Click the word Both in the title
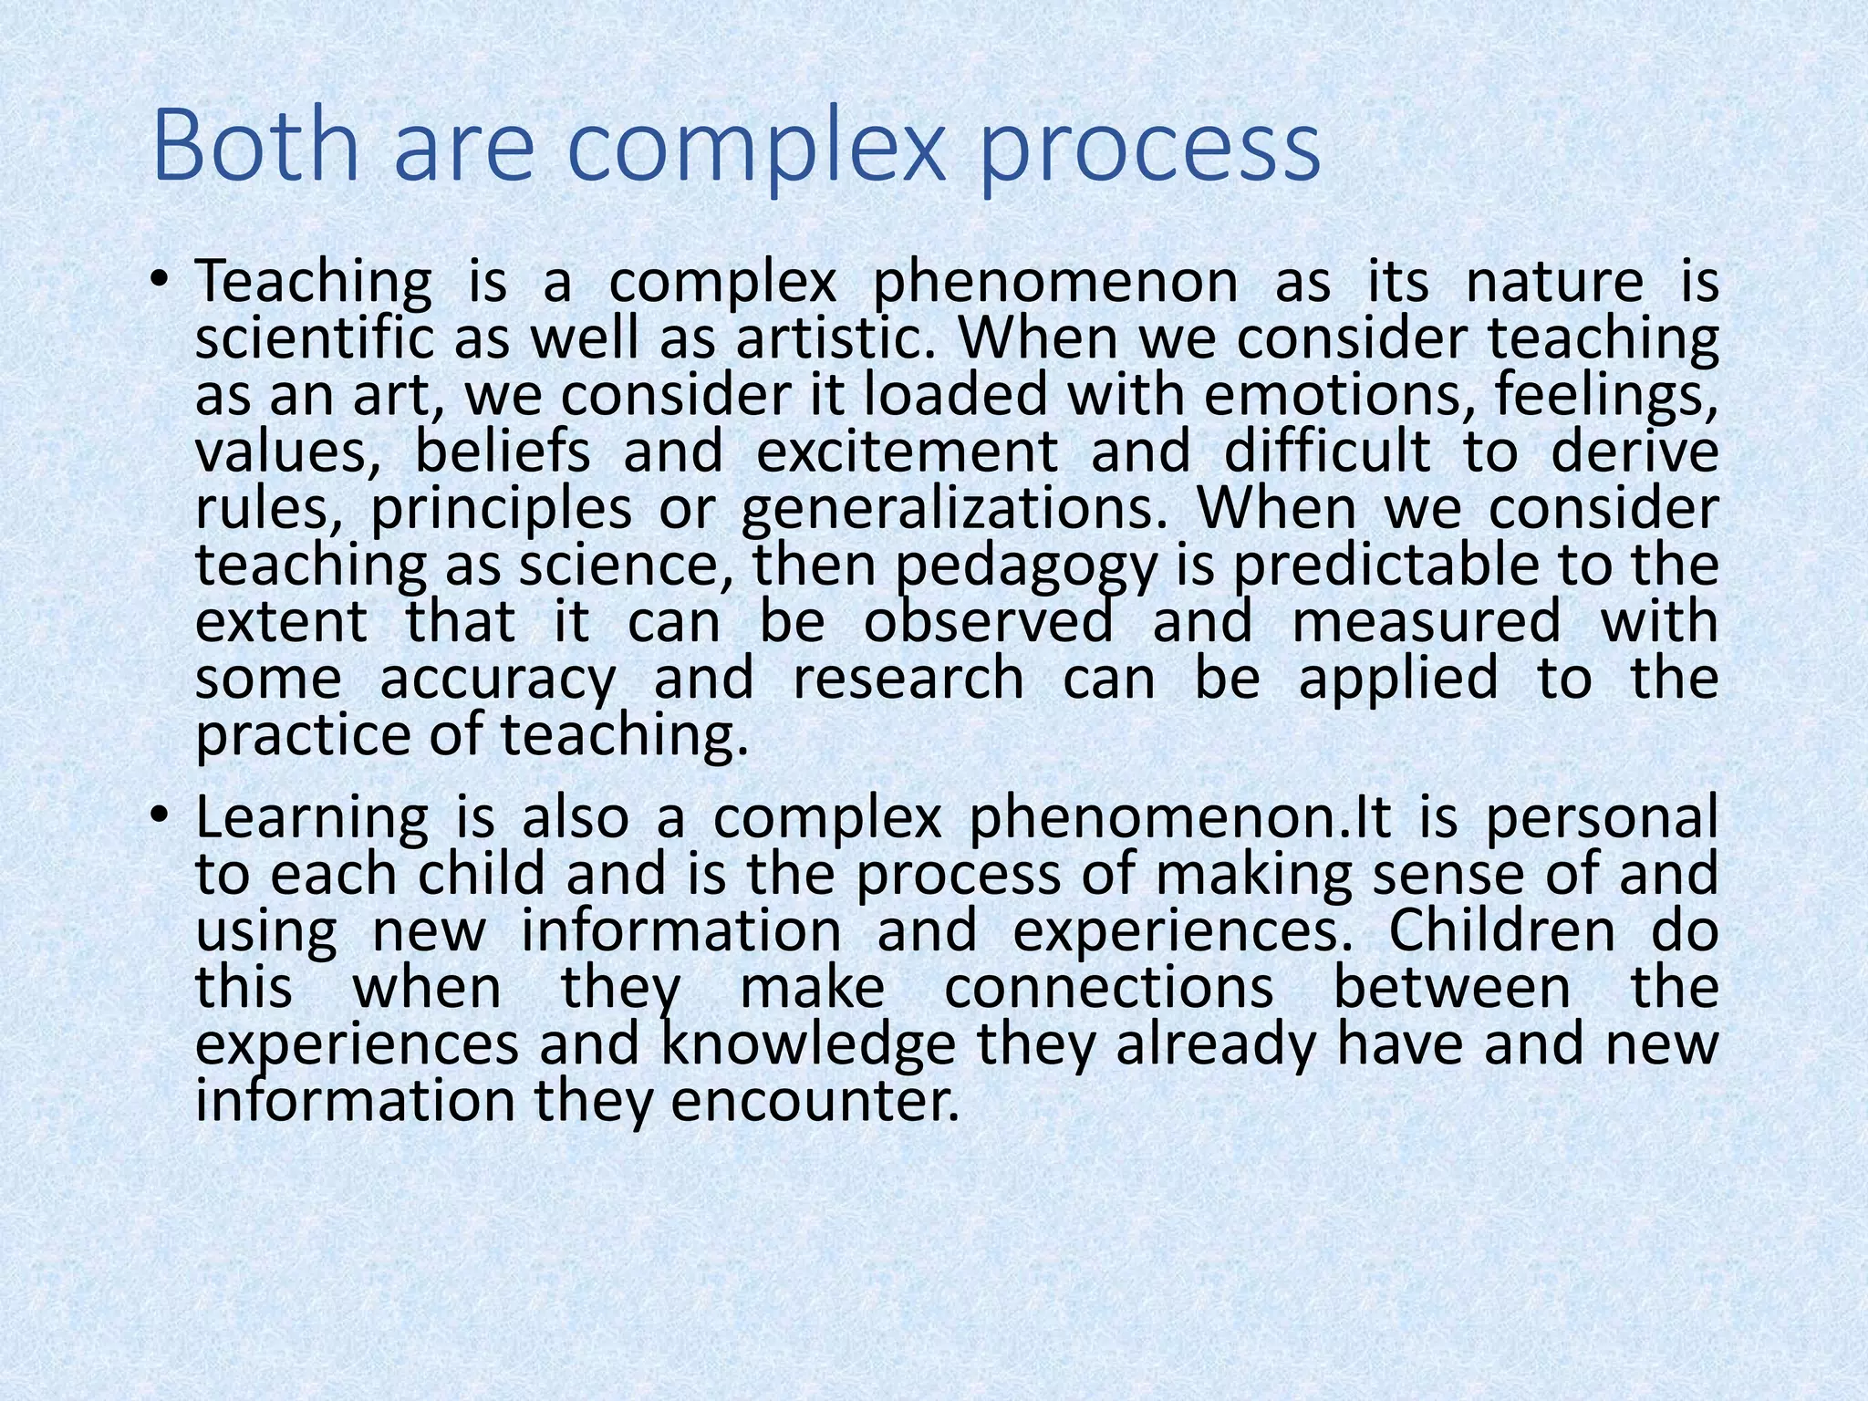click(x=257, y=146)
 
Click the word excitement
click(x=908, y=451)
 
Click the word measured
click(x=1427, y=623)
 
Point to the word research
click(x=908, y=680)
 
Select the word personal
click(x=1602, y=818)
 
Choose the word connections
click(x=1108, y=988)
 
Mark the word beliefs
click(x=503, y=451)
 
